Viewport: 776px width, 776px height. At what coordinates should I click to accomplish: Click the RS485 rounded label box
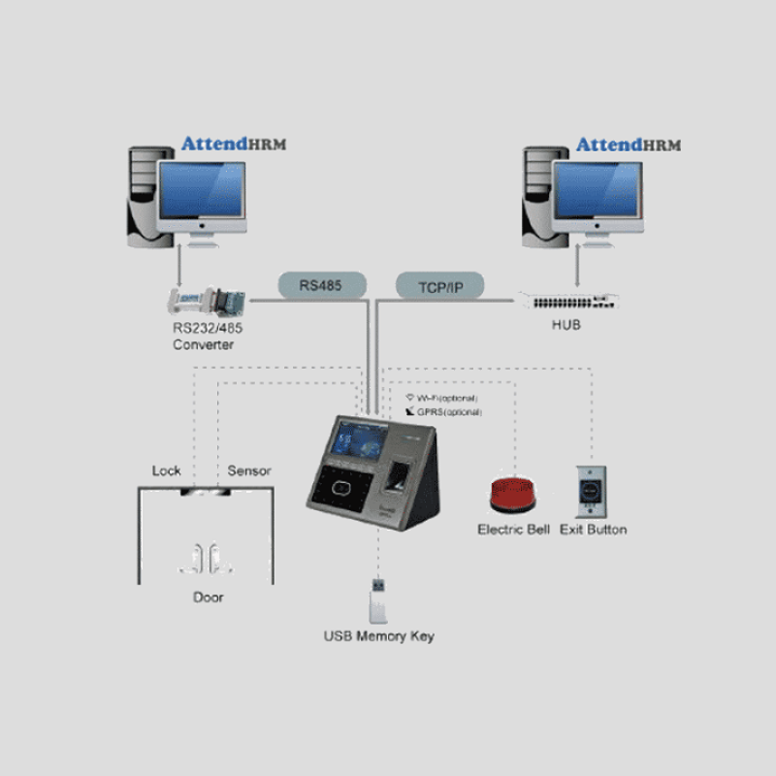click(x=321, y=285)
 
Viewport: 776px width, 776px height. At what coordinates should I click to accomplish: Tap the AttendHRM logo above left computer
click(x=234, y=145)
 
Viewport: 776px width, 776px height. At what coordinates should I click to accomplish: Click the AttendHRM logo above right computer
click(x=629, y=145)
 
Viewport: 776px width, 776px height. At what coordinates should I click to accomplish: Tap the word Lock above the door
click(x=167, y=471)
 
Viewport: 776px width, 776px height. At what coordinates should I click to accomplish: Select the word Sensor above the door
click(x=249, y=471)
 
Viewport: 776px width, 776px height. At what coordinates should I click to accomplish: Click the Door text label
click(x=209, y=598)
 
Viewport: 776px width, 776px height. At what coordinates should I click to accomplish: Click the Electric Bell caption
click(x=513, y=530)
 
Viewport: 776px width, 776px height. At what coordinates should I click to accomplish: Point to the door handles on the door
click(x=208, y=557)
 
